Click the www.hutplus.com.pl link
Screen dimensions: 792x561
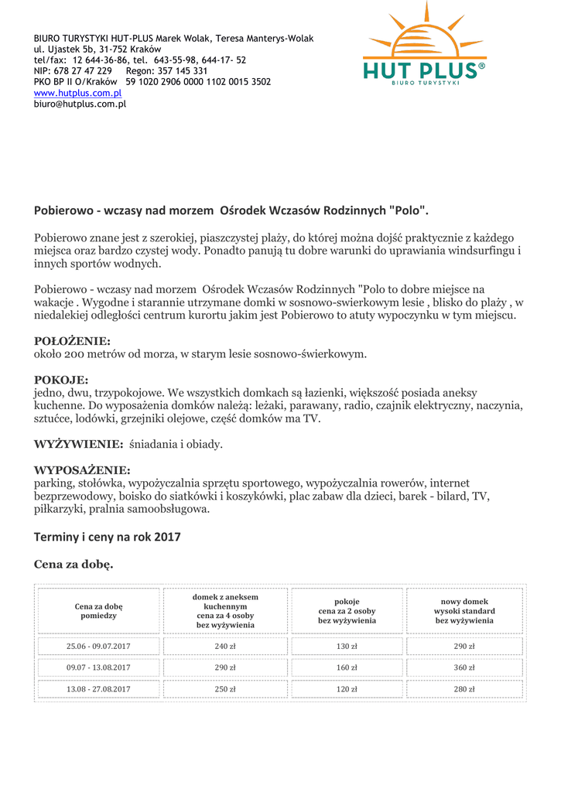[77, 93]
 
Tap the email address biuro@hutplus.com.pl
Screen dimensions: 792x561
[80, 104]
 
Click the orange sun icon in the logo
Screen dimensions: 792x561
[425, 35]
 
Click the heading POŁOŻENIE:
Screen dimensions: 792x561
[72, 341]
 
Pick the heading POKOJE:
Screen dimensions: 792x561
[61, 380]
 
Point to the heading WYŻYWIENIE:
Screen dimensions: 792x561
[78, 444]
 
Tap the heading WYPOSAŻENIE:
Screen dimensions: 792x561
[82, 470]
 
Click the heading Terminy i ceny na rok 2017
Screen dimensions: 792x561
[107, 537]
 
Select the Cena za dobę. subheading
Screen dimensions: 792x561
[74, 565]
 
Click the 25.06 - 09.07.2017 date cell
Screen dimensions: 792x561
[98, 647]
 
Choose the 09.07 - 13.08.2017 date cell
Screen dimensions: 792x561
[98, 667]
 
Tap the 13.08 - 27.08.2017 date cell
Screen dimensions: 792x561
[98, 688]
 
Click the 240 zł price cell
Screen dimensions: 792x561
[225, 647]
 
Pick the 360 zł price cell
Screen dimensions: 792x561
[464, 667]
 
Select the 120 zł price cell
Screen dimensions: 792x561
[347, 688]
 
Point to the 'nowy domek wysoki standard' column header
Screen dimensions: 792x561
[464, 610]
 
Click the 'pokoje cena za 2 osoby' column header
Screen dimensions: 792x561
[347, 610]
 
